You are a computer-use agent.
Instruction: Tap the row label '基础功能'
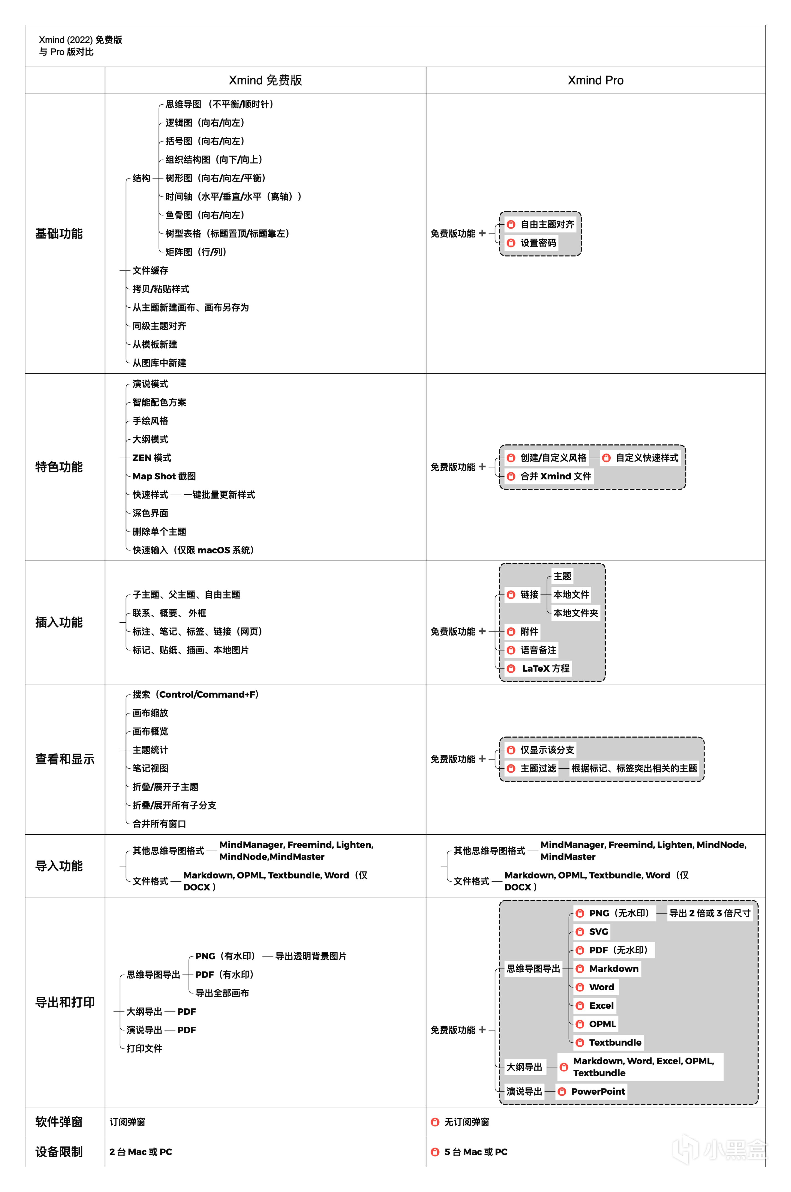pyautogui.click(x=59, y=234)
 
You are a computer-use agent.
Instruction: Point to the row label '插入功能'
pyautogui.click(x=59, y=622)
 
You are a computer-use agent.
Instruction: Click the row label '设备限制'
pyautogui.click(x=59, y=1152)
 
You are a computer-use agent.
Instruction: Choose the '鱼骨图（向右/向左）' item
pyautogui.click(x=205, y=215)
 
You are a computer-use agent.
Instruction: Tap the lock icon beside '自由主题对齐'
pyautogui.click(x=511, y=224)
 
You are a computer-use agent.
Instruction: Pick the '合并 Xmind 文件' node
pyautogui.click(x=555, y=476)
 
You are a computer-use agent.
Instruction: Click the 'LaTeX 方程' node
pyautogui.click(x=545, y=668)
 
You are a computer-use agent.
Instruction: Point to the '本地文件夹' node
pyautogui.click(x=576, y=613)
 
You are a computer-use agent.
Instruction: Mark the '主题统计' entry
pyautogui.click(x=150, y=750)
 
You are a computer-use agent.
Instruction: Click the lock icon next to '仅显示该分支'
pyautogui.click(x=511, y=750)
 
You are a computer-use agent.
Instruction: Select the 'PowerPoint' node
pyautogui.click(x=598, y=1091)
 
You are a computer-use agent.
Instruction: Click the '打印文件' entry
pyautogui.click(x=144, y=1048)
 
